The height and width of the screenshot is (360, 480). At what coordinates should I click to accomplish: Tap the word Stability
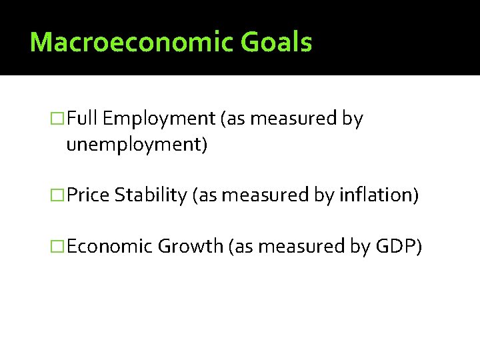click(151, 196)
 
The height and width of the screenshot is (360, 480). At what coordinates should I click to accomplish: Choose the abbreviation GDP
click(399, 246)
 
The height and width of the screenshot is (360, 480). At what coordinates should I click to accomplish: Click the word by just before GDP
click(361, 247)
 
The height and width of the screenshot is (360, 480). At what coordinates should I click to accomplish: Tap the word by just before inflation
click(325, 196)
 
